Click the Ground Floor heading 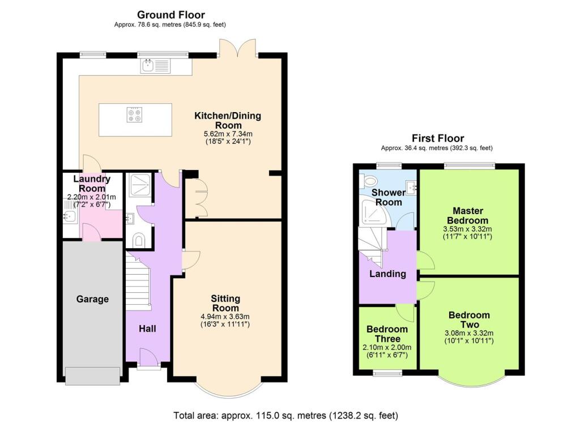(170, 15)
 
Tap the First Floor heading (437, 138)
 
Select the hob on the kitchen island (135, 116)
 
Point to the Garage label (92, 299)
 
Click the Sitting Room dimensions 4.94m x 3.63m (226, 316)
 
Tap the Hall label (147, 329)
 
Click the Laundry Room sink (70, 216)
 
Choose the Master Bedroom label (467, 215)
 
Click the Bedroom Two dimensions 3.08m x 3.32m (470, 333)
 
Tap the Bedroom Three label (387, 334)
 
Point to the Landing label (387, 274)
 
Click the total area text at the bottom (285, 415)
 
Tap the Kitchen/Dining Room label (228, 121)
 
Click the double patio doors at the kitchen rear (238, 50)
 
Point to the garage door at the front (92, 376)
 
